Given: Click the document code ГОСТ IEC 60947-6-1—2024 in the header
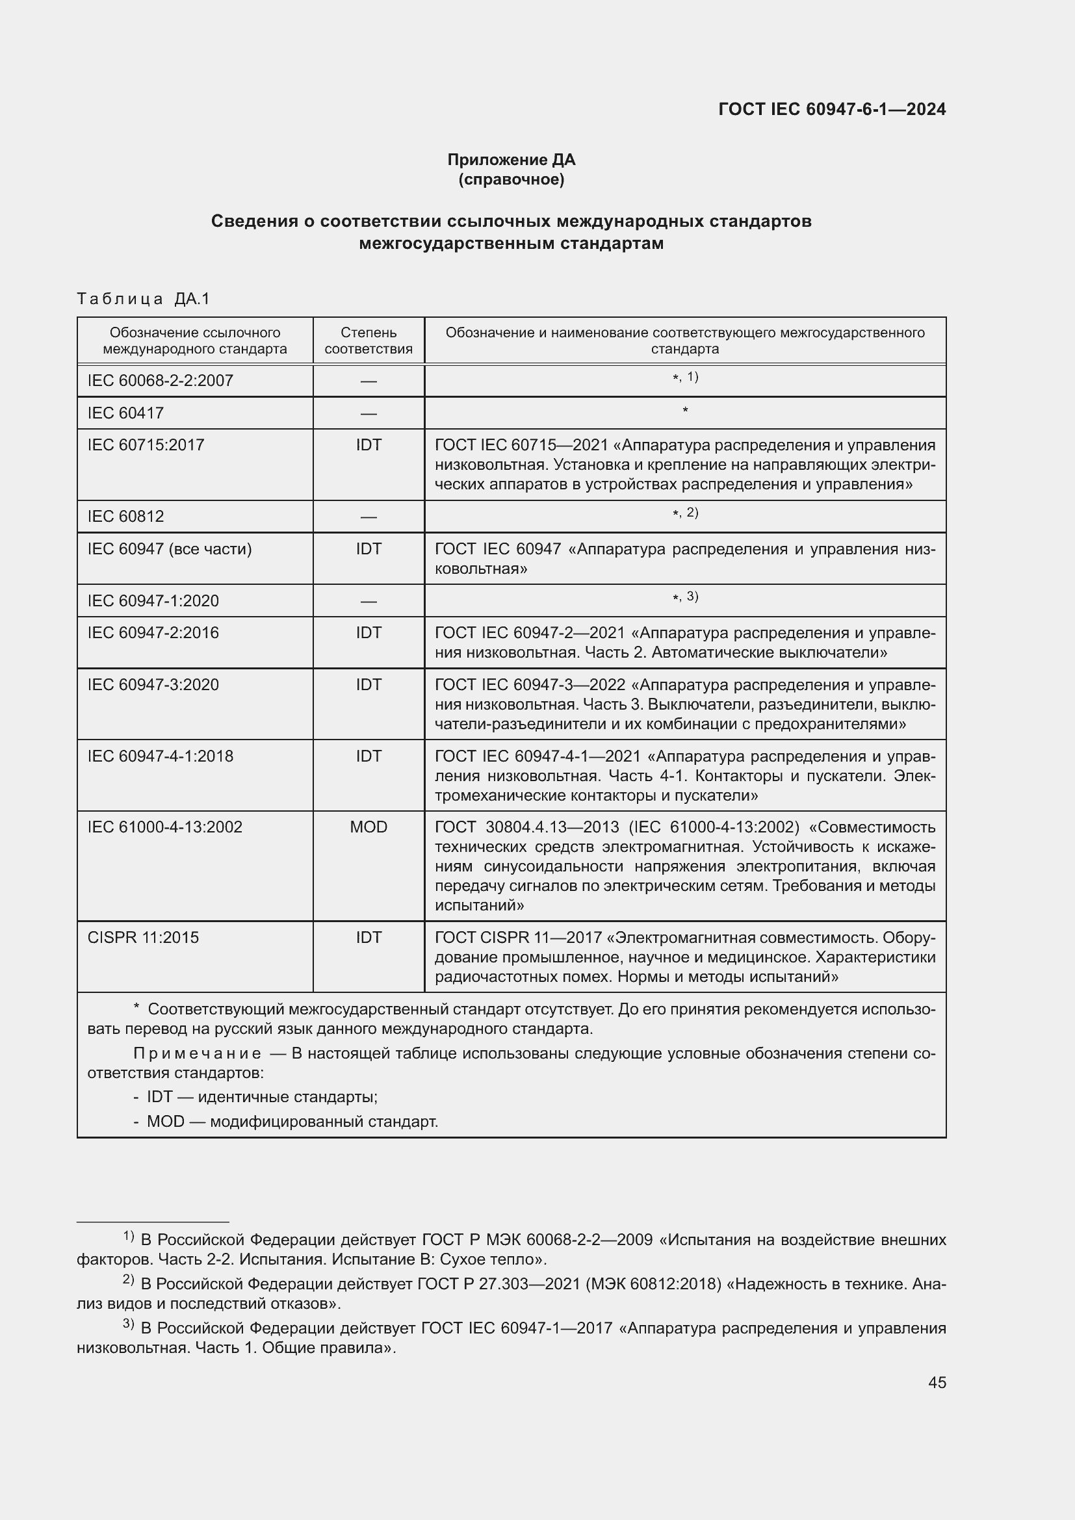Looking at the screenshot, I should [x=831, y=109].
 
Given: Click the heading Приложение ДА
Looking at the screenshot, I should [x=511, y=160].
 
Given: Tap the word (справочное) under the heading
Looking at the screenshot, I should [x=511, y=179].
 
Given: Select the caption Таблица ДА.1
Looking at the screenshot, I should [x=143, y=299].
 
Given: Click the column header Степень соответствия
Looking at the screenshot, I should [x=368, y=341].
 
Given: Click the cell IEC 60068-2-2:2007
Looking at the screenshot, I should [x=160, y=381].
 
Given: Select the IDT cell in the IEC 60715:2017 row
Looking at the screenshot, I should [x=368, y=445].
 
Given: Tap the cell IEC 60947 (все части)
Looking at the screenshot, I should [x=170, y=549].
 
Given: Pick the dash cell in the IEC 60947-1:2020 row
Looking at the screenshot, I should [x=368, y=601].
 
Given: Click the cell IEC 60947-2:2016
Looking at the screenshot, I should [x=153, y=633].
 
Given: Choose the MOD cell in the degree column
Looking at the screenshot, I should [x=368, y=827].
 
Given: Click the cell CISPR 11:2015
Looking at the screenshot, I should [x=143, y=938].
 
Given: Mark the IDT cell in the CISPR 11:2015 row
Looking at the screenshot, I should [x=368, y=938].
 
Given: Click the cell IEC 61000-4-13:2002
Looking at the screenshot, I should [x=165, y=827].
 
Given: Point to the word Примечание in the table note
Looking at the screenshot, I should [x=198, y=1053].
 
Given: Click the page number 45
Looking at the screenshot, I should [x=937, y=1382].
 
